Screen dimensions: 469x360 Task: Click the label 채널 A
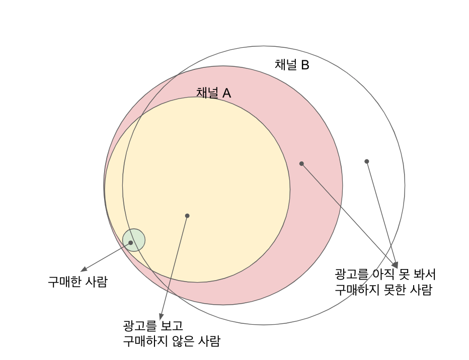pyautogui.click(x=213, y=93)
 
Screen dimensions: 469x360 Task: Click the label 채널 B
pyautogui.click(x=291, y=65)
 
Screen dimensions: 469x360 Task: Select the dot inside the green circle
pyautogui.click(x=131, y=243)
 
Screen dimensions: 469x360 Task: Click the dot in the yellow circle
pyautogui.click(x=187, y=216)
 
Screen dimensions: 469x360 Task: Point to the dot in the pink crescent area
pyautogui.click(x=301, y=163)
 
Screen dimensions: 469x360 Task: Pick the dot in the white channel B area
pyautogui.click(x=367, y=161)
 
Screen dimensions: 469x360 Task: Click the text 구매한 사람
pyautogui.click(x=78, y=282)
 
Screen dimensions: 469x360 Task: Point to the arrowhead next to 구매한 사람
pyautogui.click(x=84, y=269)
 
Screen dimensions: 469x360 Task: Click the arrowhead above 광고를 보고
pyautogui.click(x=161, y=316)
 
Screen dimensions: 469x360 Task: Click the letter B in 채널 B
pyautogui.click(x=305, y=65)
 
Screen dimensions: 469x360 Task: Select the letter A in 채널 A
pyautogui.click(x=226, y=93)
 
